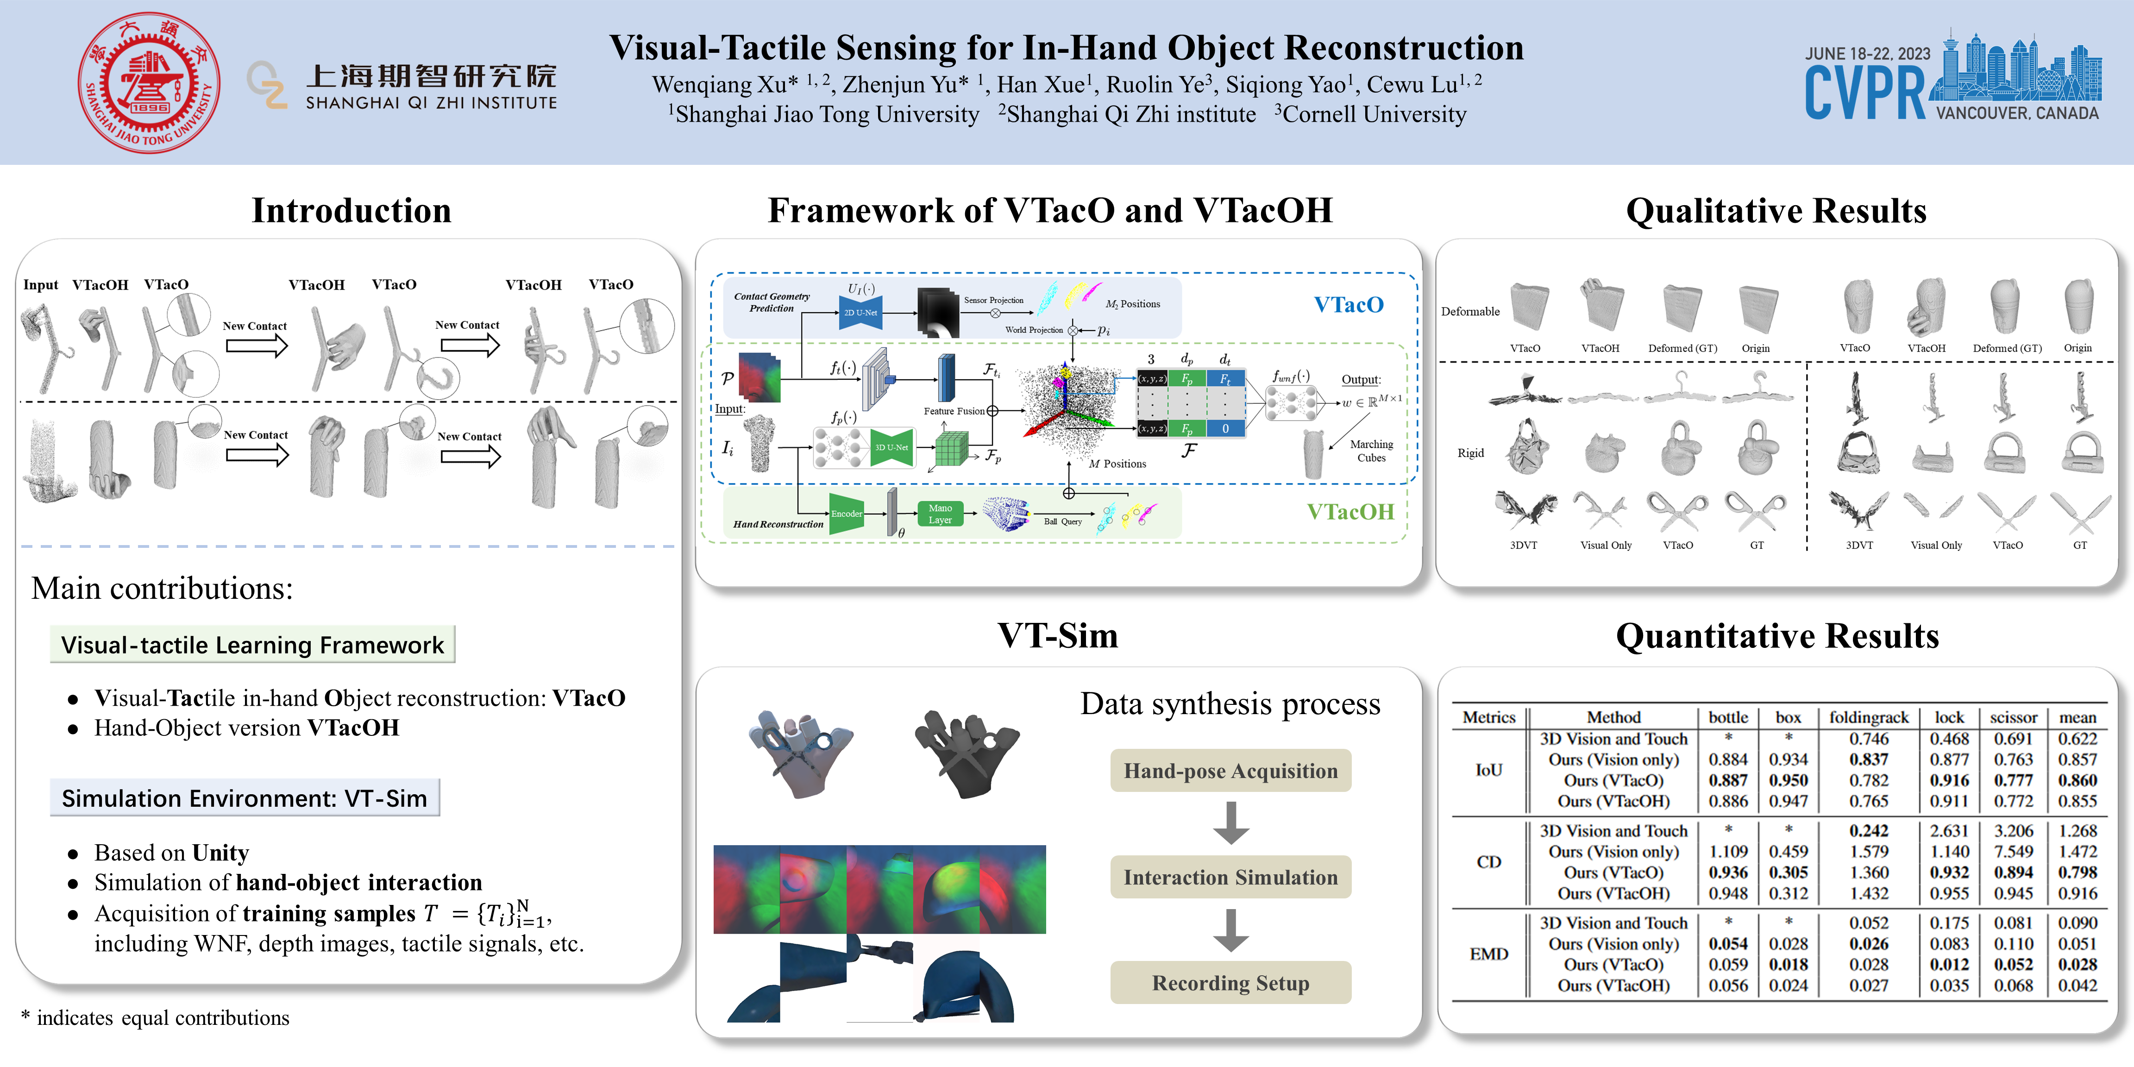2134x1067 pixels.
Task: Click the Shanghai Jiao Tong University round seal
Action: point(149,83)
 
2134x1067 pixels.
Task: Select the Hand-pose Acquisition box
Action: point(1230,771)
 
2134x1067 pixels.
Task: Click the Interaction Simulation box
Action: point(1230,877)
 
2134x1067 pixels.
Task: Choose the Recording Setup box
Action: point(1230,983)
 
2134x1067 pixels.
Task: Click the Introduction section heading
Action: point(351,210)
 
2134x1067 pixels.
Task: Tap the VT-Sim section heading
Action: point(1057,635)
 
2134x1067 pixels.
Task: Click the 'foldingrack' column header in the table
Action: point(1868,717)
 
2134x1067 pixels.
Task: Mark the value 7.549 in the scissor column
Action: point(2013,852)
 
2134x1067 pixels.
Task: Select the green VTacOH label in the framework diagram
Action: point(1350,512)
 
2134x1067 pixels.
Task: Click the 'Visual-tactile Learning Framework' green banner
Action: point(253,645)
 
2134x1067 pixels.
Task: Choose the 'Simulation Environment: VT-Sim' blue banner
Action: point(245,798)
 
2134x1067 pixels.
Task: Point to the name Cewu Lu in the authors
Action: point(1412,84)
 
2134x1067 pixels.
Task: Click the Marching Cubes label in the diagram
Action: point(1371,451)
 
